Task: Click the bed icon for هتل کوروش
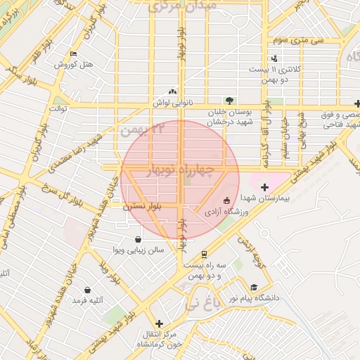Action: coord(74,54)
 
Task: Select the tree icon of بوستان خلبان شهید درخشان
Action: coord(230,101)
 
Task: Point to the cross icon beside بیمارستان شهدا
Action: coord(264,187)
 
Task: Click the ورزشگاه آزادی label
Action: coord(224,210)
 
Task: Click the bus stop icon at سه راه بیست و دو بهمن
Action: coord(204,254)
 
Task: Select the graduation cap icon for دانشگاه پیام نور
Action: coord(253,287)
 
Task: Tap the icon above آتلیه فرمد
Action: coord(87,290)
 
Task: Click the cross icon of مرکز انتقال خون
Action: coord(160,323)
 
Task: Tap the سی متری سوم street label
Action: coord(298,40)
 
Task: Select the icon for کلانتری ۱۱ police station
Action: coord(274,58)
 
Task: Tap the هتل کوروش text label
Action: coord(75,65)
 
